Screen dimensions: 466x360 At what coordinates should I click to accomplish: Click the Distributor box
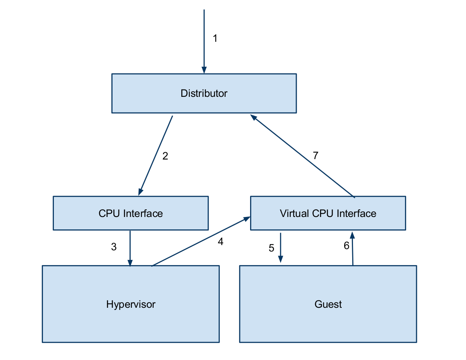204,93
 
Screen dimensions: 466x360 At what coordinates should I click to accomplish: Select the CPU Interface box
131,213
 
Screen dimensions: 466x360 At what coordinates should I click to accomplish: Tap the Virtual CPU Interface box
328,213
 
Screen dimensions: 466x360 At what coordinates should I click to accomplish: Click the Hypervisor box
131,304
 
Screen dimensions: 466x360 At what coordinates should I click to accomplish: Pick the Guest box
328,304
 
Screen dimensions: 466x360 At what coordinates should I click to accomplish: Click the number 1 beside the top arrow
215,38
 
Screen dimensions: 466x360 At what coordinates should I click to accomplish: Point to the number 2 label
165,156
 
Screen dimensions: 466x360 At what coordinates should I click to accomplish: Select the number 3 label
114,247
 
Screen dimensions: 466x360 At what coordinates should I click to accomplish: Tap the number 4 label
220,241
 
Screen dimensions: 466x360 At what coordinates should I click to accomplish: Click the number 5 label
271,248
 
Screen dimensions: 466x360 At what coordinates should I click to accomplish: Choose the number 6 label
347,245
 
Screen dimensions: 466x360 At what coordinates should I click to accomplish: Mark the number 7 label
316,155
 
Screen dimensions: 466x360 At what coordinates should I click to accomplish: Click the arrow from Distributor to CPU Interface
156,155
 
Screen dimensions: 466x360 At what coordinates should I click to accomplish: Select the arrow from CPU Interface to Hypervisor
130,248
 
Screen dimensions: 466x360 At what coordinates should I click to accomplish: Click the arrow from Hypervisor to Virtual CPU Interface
201,241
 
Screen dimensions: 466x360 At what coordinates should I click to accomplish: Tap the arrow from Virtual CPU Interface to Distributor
302,156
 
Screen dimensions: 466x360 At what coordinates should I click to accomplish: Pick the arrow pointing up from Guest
353,249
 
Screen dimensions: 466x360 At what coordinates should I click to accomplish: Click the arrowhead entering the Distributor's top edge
204,70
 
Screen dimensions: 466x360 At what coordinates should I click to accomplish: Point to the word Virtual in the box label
295,213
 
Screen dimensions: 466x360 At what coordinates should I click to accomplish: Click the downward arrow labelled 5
280,248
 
